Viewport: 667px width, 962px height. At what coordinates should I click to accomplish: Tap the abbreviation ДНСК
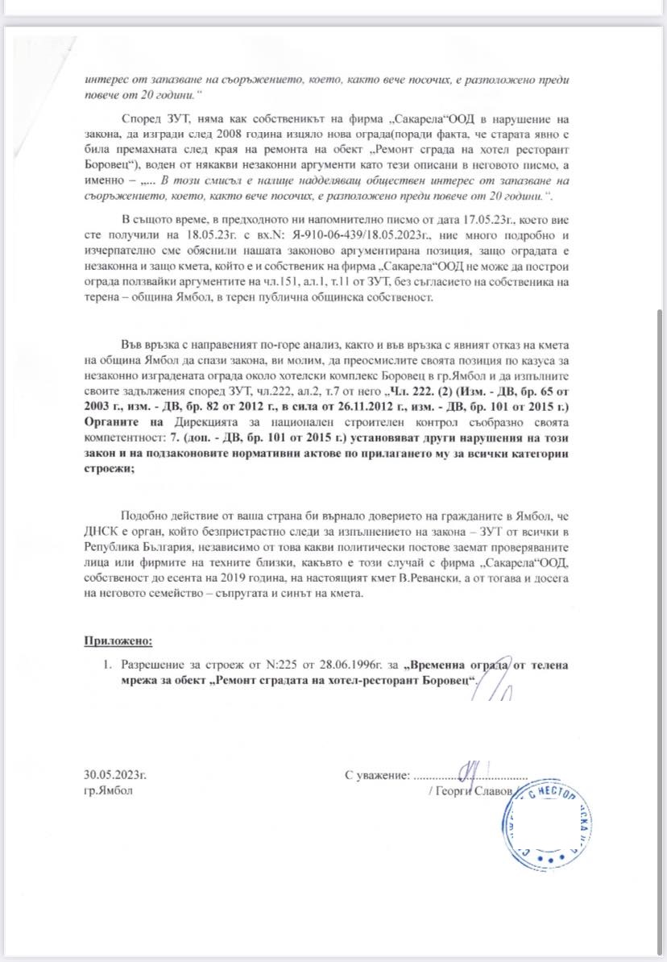101,533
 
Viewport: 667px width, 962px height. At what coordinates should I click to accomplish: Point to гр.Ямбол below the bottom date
108,791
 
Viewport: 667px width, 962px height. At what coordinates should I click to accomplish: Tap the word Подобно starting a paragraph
147,516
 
